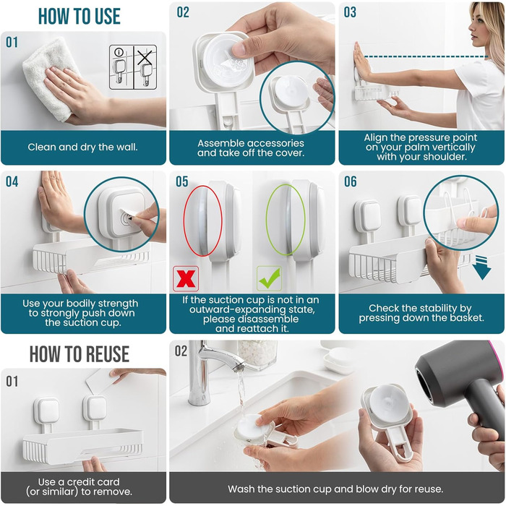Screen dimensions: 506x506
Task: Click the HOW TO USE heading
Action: [x=80, y=16]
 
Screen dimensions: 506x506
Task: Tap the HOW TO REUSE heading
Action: [x=80, y=354]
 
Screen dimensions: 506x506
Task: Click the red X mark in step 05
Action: [x=186, y=278]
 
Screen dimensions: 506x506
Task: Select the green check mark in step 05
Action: [x=270, y=278]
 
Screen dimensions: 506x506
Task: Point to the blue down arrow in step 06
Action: [x=482, y=267]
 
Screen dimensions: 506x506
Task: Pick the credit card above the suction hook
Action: [x=99, y=382]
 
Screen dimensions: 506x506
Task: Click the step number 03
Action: [x=350, y=12]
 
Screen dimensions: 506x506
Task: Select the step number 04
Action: [x=12, y=181]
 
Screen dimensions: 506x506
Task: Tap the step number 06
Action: [x=350, y=181]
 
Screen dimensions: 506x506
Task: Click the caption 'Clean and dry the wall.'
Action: [x=82, y=147]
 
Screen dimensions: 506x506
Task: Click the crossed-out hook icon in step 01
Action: [x=145, y=67]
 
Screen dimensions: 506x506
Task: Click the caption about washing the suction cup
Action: [x=335, y=489]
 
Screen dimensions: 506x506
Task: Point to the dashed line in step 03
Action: [x=426, y=57]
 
